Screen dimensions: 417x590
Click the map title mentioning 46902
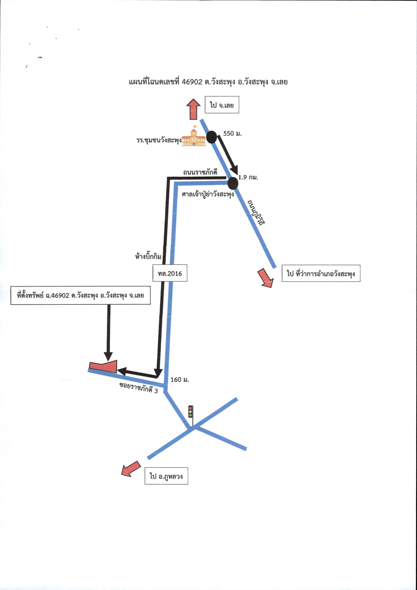point(208,82)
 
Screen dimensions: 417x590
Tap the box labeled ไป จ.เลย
point(222,105)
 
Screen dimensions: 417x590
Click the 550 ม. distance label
point(232,133)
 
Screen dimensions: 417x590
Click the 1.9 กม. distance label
point(248,177)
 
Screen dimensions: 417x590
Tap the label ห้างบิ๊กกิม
point(148,256)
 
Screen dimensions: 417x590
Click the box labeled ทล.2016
point(170,273)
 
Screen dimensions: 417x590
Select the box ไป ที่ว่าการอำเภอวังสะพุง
point(321,273)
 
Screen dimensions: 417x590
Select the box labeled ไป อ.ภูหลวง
point(166,476)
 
